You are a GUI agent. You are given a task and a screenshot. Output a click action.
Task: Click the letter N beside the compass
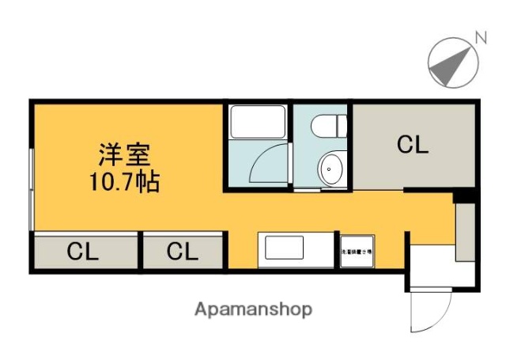[479, 36]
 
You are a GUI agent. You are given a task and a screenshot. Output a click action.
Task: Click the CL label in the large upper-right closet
[412, 146]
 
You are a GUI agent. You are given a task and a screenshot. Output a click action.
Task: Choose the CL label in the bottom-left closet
[82, 252]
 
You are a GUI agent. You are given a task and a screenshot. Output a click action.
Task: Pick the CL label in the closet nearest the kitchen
[182, 252]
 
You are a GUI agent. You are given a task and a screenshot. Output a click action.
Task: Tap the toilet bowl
[328, 126]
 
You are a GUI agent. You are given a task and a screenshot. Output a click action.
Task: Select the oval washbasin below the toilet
[330, 169]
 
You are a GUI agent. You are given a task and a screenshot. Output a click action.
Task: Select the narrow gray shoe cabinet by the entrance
[465, 231]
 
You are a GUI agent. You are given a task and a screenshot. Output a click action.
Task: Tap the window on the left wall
[31, 190]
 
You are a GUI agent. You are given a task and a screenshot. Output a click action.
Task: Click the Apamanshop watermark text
[253, 309]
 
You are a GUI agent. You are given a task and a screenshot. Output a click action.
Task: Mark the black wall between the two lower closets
[140, 252]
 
